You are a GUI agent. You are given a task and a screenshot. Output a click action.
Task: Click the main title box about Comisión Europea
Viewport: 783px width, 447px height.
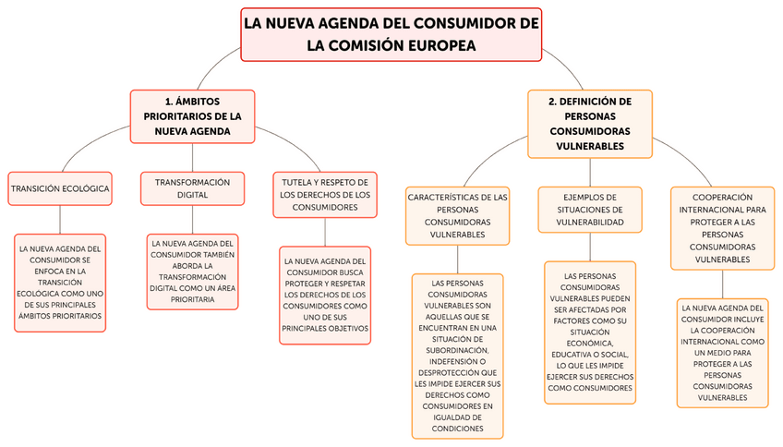pyautogui.click(x=391, y=34)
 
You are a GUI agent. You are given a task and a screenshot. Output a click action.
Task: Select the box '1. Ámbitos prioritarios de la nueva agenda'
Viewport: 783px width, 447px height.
pyautogui.click(x=192, y=116)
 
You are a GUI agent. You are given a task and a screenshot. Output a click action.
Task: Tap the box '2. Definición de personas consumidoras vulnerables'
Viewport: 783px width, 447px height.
pyautogui.click(x=590, y=123)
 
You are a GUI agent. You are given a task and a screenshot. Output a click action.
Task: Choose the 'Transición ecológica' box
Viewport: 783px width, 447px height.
pyautogui.click(x=60, y=188)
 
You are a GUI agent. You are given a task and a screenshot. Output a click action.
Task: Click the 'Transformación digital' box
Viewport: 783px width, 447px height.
pyautogui.click(x=192, y=188)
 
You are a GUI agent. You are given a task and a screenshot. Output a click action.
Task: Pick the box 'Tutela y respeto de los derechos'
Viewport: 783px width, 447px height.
pyautogui.click(x=325, y=195)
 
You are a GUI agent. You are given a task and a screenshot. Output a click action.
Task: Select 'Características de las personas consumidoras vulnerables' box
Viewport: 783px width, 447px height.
pyautogui.click(x=458, y=215)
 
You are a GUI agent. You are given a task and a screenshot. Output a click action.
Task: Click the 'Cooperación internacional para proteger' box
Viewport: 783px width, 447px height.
pyautogui.click(x=722, y=228)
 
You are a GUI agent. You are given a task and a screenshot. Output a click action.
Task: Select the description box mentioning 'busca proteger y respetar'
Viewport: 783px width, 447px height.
pyautogui.click(x=325, y=295)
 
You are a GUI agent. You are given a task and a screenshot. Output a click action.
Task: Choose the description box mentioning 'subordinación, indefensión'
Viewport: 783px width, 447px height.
pyautogui.click(x=458, y=356)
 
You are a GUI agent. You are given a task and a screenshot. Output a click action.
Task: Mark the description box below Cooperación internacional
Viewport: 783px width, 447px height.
pyautogui.click(x=722, y=353)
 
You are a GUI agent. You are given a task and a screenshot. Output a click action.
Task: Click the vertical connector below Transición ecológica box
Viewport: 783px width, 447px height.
pyautogui.click(x=60, y=219)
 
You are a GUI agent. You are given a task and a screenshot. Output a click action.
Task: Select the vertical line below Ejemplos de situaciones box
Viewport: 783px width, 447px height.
pyautogui.click(x=590, y=246)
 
